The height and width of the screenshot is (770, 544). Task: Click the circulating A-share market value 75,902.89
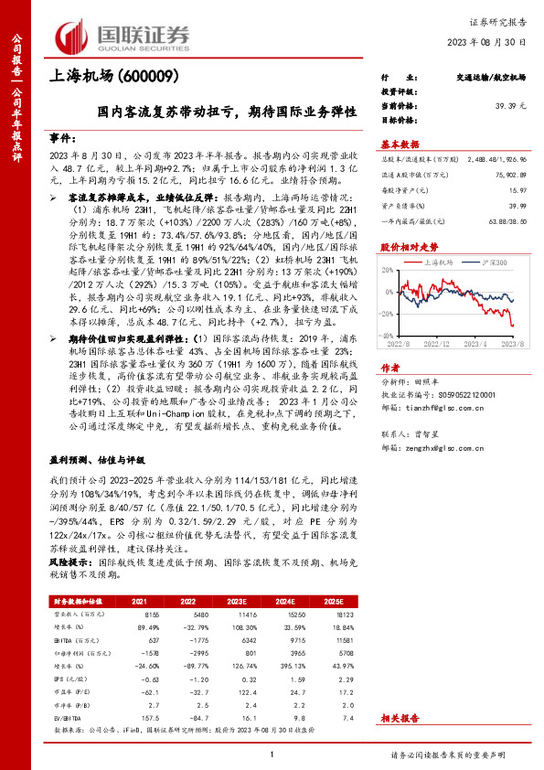tap(509, 175)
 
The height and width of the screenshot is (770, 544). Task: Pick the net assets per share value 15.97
tap(517, 190)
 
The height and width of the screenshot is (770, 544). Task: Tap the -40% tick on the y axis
tap(387, 337)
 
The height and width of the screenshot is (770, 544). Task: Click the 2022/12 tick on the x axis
tap(441, 345)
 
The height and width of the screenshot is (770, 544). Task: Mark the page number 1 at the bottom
tap(272, 754)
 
